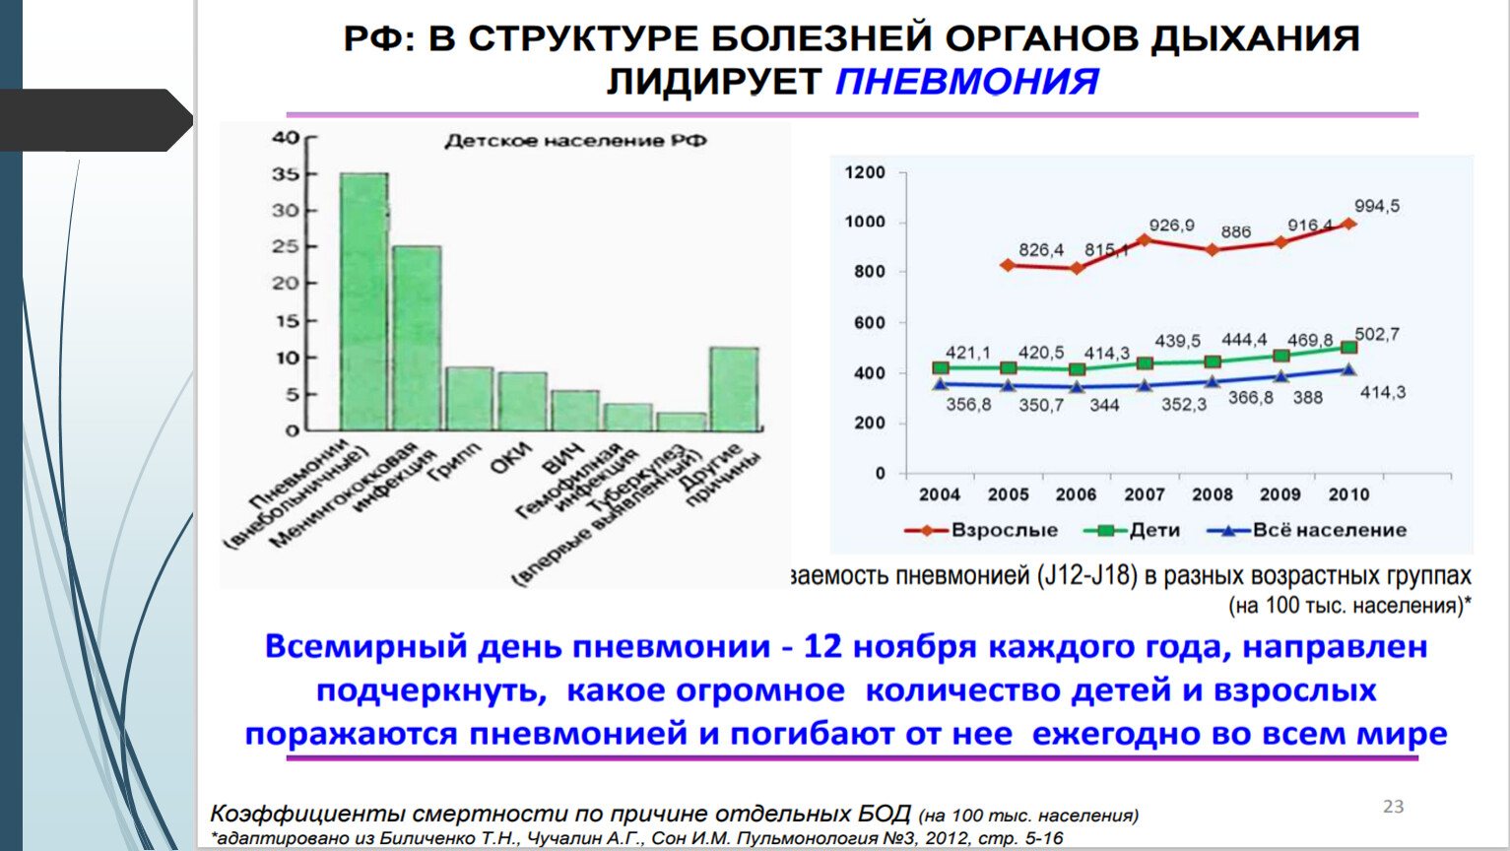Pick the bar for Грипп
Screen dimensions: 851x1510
point(469,399)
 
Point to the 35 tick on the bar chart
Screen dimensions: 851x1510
point(286,174)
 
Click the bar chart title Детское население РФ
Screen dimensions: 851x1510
point(575,141)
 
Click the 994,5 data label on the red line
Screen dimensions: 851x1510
point(1376,206)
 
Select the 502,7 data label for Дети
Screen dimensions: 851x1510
point(1376,335)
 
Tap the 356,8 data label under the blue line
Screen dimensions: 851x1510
point(968,404)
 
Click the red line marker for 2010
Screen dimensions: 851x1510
point(1349,225)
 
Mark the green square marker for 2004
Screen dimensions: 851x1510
point(941,367)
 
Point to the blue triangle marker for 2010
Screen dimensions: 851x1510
point(1349,369)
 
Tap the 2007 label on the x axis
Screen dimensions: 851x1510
point(1145,494)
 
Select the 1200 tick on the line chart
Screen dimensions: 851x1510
point(865,172)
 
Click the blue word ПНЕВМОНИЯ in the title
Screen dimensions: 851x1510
point(966,82)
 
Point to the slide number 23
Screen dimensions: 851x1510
point(1393,806)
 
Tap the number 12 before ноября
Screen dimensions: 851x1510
point(822,647)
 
